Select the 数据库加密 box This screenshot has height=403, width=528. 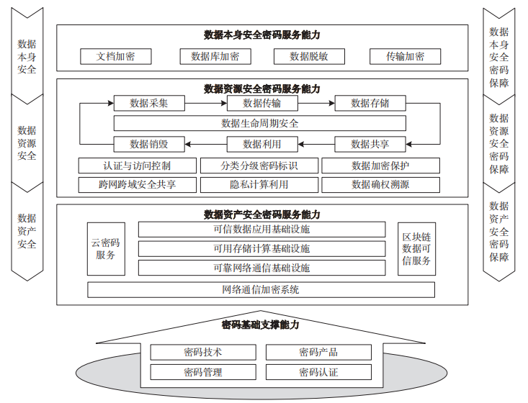215,57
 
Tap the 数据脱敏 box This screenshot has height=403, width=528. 310,57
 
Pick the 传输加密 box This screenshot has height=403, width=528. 405,57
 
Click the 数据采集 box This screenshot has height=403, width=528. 149,104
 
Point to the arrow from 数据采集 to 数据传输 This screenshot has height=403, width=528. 206,104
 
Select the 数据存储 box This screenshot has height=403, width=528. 370,104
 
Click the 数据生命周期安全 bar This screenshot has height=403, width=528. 260,123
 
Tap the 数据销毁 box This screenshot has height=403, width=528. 149,144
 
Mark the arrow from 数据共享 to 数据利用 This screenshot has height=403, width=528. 316,144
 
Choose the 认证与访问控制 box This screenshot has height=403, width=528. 136,166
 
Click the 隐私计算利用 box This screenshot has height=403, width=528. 259,184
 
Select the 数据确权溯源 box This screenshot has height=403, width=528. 380,184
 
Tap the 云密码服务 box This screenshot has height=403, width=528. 105,249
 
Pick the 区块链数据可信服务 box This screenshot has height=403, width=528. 416,249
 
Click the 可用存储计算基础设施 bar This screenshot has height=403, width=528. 261,249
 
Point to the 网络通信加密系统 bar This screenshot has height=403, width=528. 261,290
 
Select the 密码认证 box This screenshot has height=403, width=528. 318,372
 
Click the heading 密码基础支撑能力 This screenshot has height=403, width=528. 261,325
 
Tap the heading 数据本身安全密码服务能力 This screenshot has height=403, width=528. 262,35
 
